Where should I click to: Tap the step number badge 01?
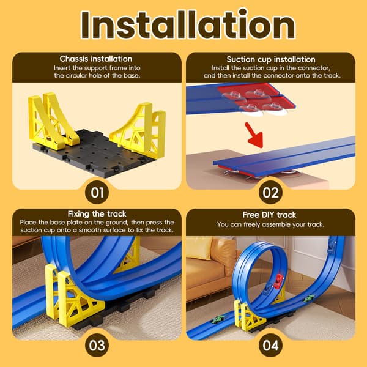pyautogui.click(x=97, y=193)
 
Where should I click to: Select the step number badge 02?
pyautogui.click(x=270, y=193)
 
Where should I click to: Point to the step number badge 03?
pyautogui.click(x=97, y=346)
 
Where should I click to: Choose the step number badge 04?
pyautogui.click(x=270, y=346)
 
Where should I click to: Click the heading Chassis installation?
pyautogui.click(x=96, y=59)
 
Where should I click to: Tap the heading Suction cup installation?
pyautogui.click(x=271, y=59)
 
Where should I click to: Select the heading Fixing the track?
pyautogui.click(x=97, y=214)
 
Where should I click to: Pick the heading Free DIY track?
pyautogui.click(x=269, y=215)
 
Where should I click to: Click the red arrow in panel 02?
pyautogui.click(x=254, y=135)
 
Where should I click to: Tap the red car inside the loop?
pyautogui.click(x=279, y=281)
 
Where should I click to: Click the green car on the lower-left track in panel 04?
pyautogui.click(x=218, y=319)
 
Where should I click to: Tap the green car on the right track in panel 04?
pyautogui.click(x=308, y=298)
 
